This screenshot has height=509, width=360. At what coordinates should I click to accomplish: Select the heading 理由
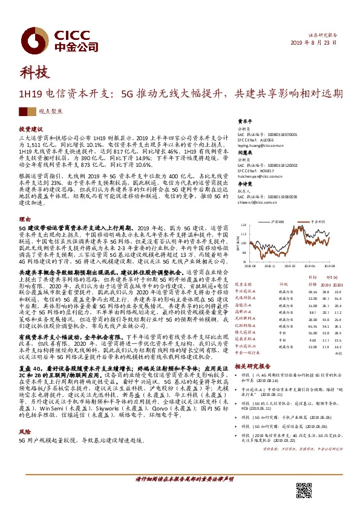[24, 219]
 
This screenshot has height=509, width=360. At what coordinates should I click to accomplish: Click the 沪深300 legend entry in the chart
[277, 222]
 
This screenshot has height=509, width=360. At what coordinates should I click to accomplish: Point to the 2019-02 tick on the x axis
[287, 264]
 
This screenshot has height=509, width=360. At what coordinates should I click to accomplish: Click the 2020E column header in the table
[338, 284]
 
